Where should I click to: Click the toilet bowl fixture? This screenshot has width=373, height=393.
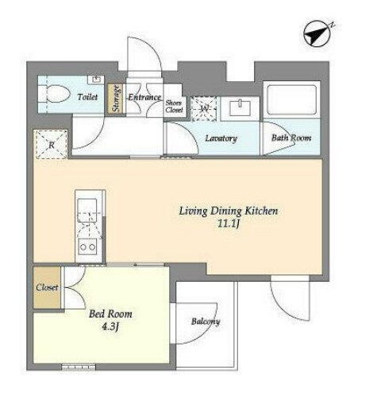(54, 94)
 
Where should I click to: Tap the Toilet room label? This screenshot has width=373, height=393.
(87, 97)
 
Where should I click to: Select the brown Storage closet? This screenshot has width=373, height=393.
(117, 99)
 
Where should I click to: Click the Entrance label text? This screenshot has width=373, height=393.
(144, 97)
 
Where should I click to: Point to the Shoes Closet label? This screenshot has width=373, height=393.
(174, 107)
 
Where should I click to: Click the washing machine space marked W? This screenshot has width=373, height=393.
(204, 109)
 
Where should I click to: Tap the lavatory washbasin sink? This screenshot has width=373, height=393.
(240, 107)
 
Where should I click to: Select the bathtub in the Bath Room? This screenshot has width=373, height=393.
(291, 99)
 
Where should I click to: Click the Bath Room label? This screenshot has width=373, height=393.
(291, 138)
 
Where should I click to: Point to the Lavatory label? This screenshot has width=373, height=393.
(221, 138)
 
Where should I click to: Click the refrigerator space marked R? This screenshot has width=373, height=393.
(52, 145)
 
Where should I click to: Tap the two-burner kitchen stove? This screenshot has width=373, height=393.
(88, 247)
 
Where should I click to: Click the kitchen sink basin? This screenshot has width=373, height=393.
(87, 210)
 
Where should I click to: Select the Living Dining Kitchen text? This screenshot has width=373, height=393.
(229, 212)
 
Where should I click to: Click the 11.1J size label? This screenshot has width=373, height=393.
(229, 224)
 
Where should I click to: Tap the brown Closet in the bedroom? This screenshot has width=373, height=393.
(47, 287)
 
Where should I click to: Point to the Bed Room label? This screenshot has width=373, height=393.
(110, 314)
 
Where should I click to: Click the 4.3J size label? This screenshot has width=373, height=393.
(110, 327)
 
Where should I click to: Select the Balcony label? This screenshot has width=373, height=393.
(206, 321)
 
